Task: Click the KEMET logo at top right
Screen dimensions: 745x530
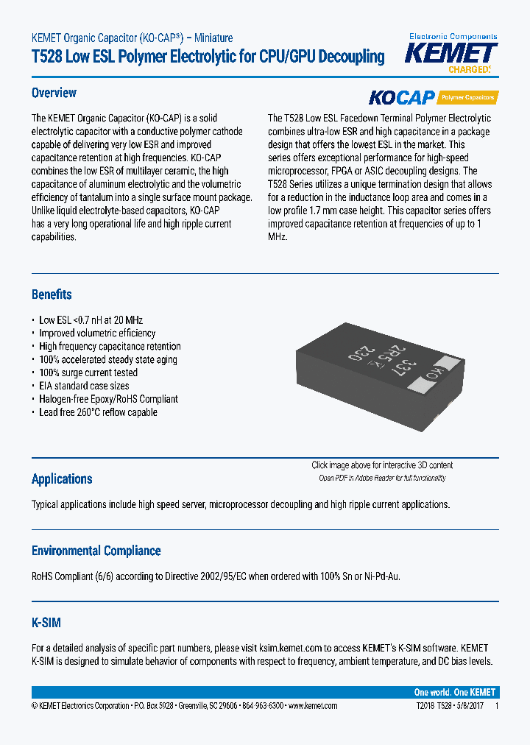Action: click(x=453, y=54)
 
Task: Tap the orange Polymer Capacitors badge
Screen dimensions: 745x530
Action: click(x=468, y=97)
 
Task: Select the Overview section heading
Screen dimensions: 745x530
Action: click(x=54, y=93)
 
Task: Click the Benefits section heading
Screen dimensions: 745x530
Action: click(x=52, y=294)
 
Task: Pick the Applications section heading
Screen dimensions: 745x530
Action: click(x=62, y=479)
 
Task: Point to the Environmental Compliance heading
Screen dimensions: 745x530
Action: click(x=96, y=551)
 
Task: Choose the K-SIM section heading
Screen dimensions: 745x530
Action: click(x=46, y=623)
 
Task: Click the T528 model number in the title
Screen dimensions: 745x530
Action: click(x=46, y=57)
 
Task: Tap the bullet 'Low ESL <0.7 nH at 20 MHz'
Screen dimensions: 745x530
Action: click(x=91, y=320)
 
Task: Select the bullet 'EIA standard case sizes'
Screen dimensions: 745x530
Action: click(x=84, y=386)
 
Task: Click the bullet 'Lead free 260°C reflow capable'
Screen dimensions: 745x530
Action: click(x=98, y=412)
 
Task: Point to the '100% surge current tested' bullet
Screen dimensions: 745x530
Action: click(x=88, y=372)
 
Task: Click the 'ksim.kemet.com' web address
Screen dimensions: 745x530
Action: click(x=291, y=648)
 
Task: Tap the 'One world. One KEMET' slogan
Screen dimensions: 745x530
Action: click(x=455, y=692)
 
